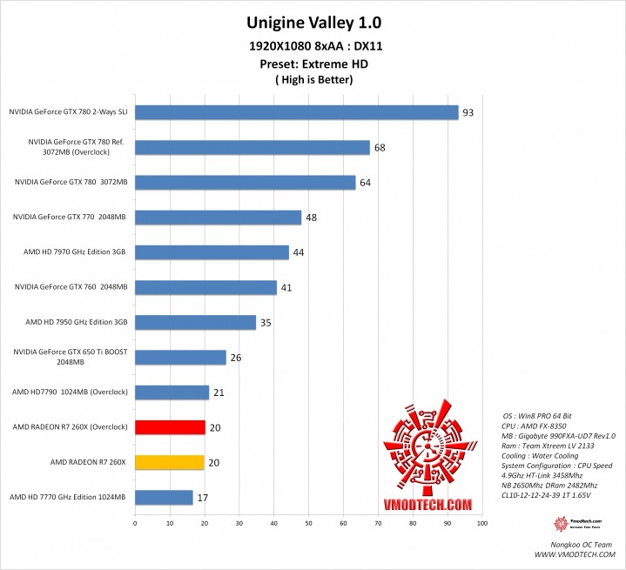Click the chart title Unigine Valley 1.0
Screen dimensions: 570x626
(313, 21)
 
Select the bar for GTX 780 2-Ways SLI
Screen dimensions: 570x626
(296, 112)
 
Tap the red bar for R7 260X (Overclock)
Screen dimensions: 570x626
(170, 426)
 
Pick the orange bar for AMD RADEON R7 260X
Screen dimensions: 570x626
(170, 462)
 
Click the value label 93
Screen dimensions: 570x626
(468, 112)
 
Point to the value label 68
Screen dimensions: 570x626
(380, 147)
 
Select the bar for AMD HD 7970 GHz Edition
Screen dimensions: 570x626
(212, 252)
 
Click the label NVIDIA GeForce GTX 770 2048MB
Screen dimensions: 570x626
(71, 217)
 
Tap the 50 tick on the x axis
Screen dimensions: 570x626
(308, 524)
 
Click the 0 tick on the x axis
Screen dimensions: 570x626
(135, 524)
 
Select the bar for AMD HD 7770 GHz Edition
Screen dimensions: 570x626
(164, 497)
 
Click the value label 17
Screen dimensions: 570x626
(202, 498)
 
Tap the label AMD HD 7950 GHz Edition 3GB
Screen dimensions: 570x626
(77, 322)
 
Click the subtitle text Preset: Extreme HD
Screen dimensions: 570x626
(313, 64)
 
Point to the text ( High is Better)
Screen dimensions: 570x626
(313, 80)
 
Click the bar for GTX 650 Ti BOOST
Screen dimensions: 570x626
(180, 357)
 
